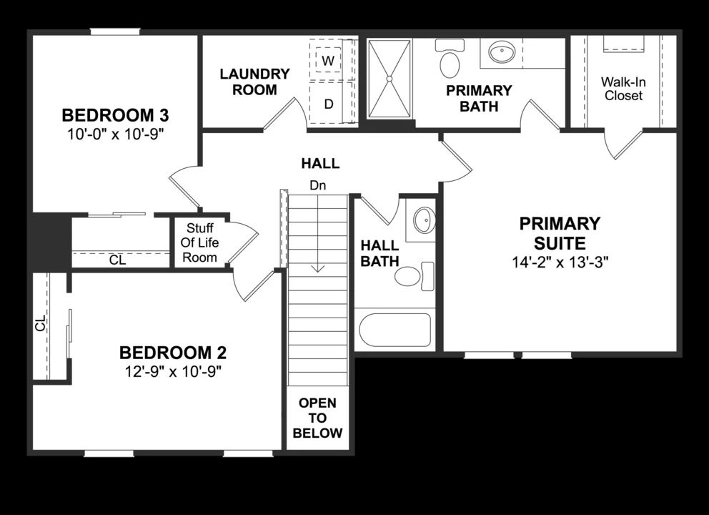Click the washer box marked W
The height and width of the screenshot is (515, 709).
click(x=328, y=60)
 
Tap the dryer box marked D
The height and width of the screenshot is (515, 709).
click(x=328, y=104)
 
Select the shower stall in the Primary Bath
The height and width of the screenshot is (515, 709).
click(x=390, y=78)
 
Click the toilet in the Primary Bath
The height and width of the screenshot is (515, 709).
click(x=450, y=61)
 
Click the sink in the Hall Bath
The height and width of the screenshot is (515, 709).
click(x=423, y=220)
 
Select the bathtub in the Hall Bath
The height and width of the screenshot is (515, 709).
click(x=394, y=330)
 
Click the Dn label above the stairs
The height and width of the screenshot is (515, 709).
click(x=318, y=185)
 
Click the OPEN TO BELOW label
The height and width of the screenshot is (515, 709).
click(x=318, y=418)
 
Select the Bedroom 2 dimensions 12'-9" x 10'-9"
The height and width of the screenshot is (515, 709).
click(x=173, y=371)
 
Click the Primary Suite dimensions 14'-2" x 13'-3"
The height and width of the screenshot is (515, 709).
click(x=560, y=262)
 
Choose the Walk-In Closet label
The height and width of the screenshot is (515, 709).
click(x=622, y=89)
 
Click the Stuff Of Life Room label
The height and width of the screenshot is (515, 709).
click(x=200, y=243)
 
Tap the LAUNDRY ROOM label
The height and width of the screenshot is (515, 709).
click(x=254, y=82)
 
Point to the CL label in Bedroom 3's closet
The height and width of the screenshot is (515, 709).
click(x=118, y=260)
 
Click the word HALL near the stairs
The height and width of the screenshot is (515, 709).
click(x=319, y=164)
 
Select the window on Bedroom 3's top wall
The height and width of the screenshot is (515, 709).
click(x=114, y=31)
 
